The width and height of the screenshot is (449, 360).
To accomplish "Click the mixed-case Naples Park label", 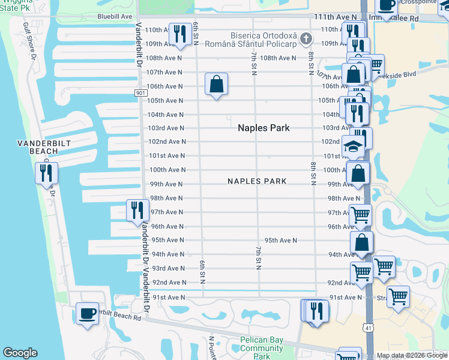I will click(264, 128).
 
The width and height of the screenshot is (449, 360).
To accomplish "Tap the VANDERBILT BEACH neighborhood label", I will click(37, 148).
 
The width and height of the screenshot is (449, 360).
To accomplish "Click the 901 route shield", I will click(140, 93).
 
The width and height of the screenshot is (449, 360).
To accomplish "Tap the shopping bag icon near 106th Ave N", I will click(216, 84).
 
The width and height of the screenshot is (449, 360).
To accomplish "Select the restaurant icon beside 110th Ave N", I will click(179, 34).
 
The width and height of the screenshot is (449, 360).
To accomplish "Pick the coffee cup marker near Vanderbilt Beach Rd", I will click(88, 313).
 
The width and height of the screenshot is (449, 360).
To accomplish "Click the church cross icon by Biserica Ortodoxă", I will click(306, 40).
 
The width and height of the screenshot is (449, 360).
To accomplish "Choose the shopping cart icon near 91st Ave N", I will click(398, 296).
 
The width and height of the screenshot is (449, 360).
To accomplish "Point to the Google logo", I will click(20, 353).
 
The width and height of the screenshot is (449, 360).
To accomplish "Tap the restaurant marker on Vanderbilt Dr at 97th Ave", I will click(137, 210).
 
